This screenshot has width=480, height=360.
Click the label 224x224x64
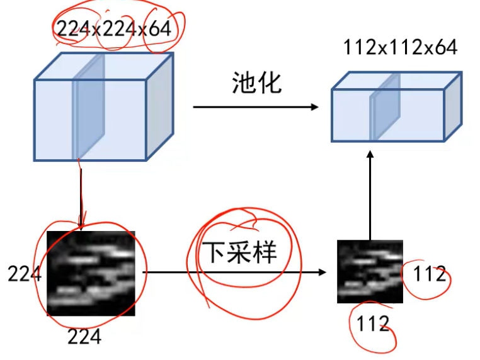click(113, 28)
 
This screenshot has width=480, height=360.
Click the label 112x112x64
click(400, 47)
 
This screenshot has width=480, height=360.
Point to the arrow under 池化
click(255, 107)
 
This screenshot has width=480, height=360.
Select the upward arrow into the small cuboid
click(370, 195)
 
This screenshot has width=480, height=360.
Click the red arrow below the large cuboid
click(81, 195)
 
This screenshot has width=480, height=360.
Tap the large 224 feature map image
click(91, 273)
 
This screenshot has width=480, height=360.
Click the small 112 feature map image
click(369, 271)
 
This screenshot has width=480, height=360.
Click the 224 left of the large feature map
click(24, 274)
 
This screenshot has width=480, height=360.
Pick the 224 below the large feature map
click(84, 337)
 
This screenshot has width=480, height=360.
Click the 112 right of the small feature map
click(430, 274)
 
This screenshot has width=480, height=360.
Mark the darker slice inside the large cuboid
click(88, 107)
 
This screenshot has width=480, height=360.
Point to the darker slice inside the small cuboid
click(384, 110)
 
